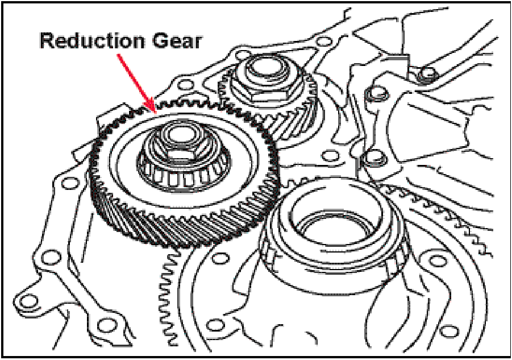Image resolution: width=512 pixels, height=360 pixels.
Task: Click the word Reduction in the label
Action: [x=92, y=41]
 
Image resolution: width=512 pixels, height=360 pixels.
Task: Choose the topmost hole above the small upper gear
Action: [x=323, y=42]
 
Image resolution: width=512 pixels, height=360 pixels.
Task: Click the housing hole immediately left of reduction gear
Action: [x=69, y=184]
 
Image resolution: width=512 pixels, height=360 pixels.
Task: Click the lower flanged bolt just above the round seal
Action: [x=374, y=159]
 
